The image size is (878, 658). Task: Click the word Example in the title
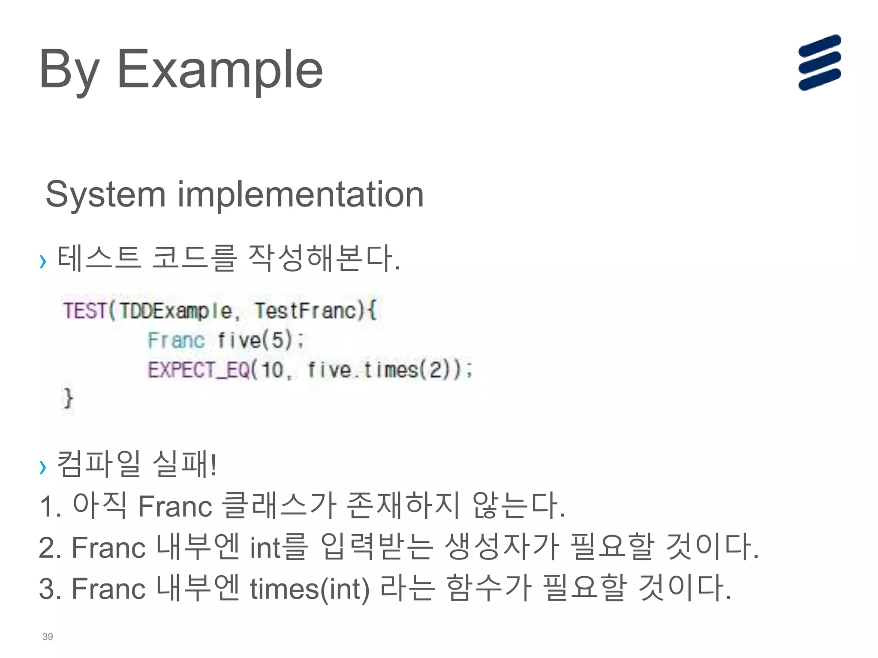tap(219, 69)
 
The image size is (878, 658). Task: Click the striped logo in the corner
tap(819, 63)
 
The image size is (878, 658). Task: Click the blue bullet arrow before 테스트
tap(42, 260)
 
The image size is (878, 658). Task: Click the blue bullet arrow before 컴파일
tap(42, 467)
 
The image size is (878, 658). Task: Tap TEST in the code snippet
tap(84, 311)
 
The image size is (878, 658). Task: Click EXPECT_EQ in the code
tap(198, 370)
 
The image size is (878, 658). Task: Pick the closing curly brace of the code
tap(68, 398)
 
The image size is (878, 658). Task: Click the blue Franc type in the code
tap(176, 341)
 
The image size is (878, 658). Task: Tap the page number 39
tap(48, 637)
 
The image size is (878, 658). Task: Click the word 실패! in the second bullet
tap(185, 464)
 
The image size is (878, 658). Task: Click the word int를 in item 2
tap(279, 547)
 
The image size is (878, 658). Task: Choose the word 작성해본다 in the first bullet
tap(324, 258)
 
